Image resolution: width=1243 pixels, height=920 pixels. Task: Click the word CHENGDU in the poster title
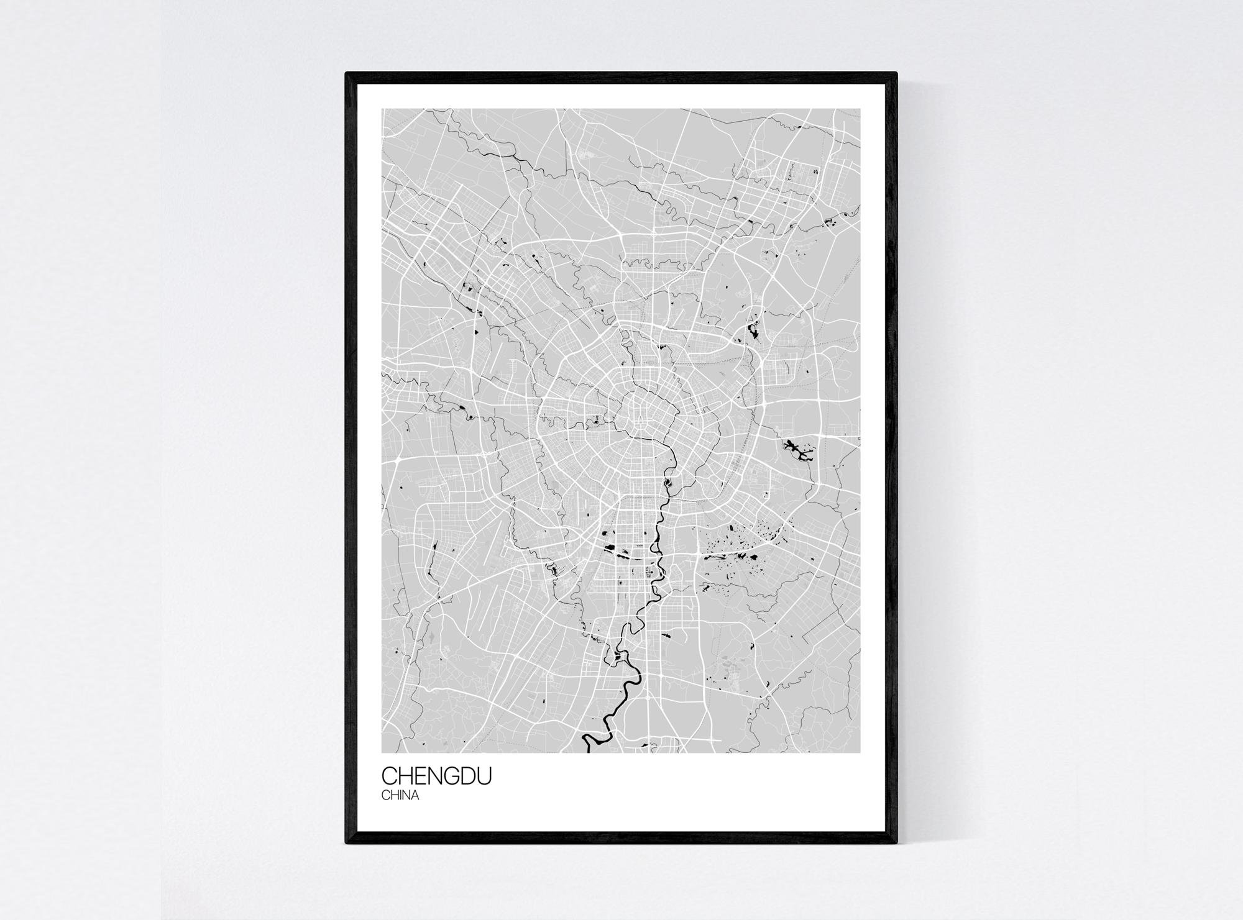(436, 776)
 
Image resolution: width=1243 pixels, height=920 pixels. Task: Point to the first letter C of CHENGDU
(390, 776)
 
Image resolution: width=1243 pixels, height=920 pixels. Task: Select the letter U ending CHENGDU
(484, 776)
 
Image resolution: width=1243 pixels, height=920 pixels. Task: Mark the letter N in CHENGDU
(434, 776)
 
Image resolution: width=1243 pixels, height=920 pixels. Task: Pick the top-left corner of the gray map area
(382, 109)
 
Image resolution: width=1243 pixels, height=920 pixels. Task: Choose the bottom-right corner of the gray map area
(860, 752)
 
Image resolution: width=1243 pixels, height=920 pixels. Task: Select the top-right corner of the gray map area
(860, 109)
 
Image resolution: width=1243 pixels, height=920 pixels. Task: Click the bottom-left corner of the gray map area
(382, 752)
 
